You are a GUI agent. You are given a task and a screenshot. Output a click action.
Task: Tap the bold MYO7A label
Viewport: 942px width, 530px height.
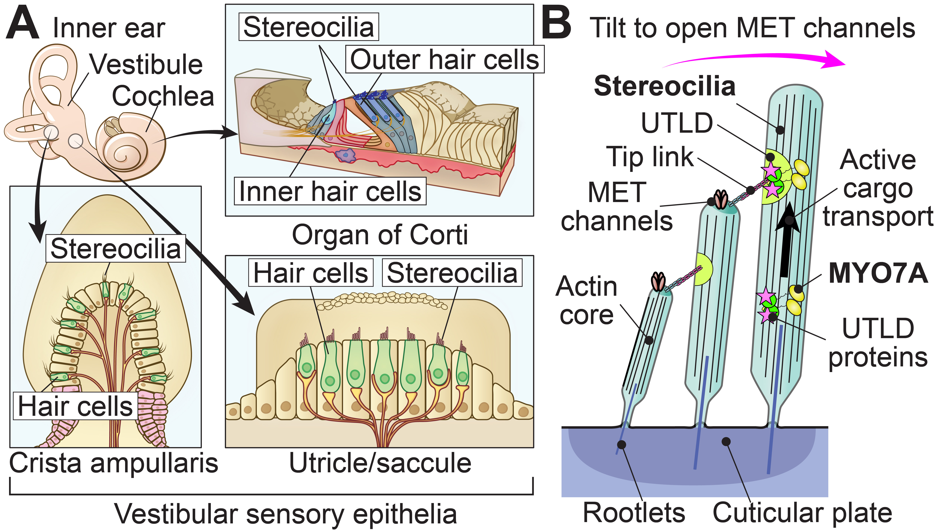point(878,274)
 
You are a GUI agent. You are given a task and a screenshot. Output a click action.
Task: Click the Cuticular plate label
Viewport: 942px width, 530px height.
point(802,513)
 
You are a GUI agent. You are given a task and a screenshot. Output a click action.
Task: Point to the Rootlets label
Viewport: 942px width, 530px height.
point(634,513)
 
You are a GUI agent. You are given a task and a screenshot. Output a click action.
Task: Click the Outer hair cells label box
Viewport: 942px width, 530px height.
point(445,59)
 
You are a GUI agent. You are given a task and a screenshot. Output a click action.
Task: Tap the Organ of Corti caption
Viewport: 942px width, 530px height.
point(380,235)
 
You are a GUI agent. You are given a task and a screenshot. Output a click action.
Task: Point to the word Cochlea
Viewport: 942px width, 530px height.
point(163,96)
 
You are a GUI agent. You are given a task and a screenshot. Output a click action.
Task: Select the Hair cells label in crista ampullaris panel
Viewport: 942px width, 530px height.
point(75,406)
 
